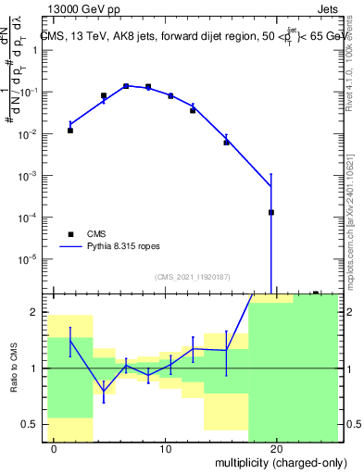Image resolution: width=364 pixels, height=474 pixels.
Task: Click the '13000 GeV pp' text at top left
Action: (x=84, y=9)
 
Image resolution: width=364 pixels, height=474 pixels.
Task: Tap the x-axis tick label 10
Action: (x=165, y=450)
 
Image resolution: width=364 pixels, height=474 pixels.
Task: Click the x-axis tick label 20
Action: (x=276, y=450)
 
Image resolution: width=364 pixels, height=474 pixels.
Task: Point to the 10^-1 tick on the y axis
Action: (x=29, y=93)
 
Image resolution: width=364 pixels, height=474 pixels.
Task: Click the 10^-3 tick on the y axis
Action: (x=29, y=176)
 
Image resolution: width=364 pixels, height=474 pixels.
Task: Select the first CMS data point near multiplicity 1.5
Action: (x=69, y=131)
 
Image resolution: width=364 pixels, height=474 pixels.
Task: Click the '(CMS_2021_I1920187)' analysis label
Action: (x=192, y=276)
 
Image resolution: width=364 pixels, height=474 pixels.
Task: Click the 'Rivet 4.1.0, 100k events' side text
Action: (x=356, y=61)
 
